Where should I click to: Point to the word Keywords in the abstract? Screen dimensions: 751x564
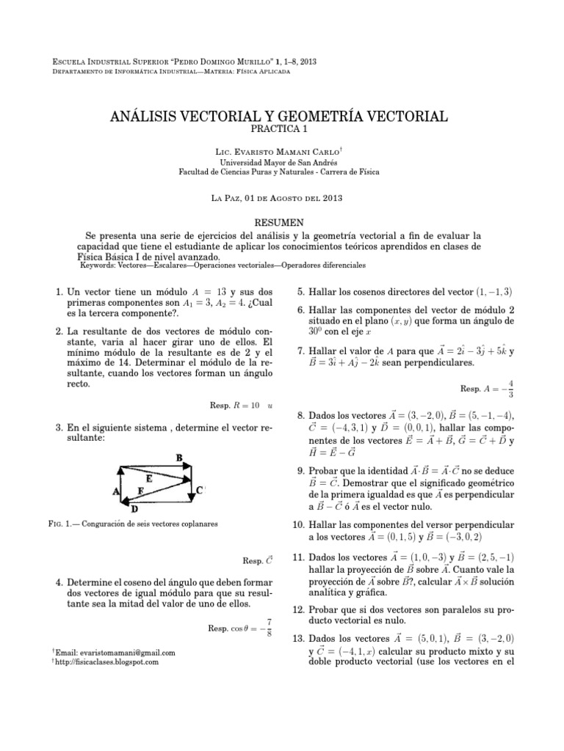[x=109, y=266]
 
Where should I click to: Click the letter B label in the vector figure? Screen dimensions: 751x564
[x=179, y=458]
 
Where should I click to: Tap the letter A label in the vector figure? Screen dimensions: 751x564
[x=115, y=493]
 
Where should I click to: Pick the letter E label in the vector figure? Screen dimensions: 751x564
[x=150, y=478]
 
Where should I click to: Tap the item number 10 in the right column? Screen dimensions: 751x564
[x=298, y=526]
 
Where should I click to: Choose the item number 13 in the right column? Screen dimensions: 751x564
[x=298, y=639]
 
